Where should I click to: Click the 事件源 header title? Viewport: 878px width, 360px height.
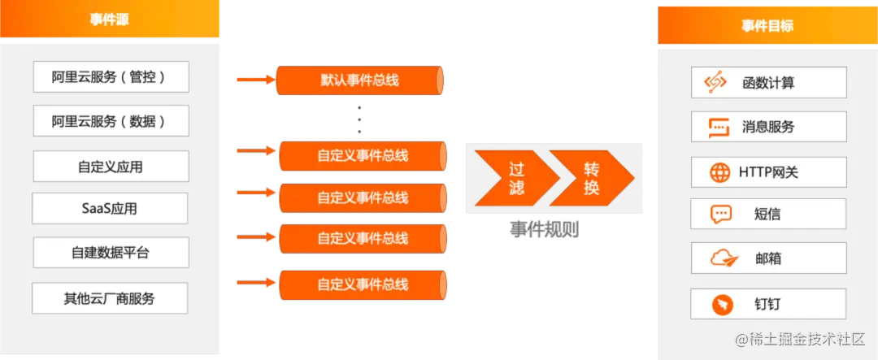[110, 19]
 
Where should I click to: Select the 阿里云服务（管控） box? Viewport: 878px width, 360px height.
[110, 77]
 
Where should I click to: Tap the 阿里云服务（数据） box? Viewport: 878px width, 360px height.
[110, 121]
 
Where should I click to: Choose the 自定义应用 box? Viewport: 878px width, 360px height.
[110, 167]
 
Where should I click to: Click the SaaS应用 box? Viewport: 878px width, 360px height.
[110, 209]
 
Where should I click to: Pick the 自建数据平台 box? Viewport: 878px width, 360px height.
[110, 253]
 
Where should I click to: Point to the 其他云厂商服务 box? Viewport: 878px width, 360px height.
[110, 298]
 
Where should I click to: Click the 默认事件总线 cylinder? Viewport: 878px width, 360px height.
[360, 80]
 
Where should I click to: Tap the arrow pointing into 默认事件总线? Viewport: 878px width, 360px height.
[254, 80]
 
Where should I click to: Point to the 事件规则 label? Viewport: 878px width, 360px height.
[543, 230]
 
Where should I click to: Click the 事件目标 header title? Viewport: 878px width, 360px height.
[767, 26]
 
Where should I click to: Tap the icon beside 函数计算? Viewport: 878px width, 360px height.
[715, 82]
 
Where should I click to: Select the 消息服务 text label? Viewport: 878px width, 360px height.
[767, 127]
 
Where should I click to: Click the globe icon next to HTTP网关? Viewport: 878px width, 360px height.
[720, 172]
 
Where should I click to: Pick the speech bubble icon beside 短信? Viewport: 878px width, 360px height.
[720, 215]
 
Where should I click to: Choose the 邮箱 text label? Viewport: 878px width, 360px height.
[767, 259]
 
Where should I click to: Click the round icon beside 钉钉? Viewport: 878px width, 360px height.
[720, 305]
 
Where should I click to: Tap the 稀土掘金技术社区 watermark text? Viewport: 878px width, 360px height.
[807, 340]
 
